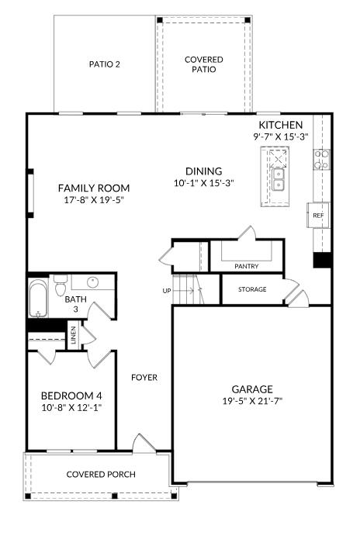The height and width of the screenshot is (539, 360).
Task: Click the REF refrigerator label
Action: (318, 216)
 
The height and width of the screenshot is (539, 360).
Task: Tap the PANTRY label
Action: (247, 266)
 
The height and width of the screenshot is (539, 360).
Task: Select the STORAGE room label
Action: (252, 289)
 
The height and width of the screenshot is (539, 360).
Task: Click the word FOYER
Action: (144, 378)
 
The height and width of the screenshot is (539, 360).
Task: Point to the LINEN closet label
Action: (74, 335)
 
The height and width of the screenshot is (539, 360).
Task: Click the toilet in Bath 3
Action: (61, 285)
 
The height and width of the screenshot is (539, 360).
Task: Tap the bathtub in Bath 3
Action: (38, 298)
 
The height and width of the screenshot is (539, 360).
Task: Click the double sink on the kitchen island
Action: (279, 180)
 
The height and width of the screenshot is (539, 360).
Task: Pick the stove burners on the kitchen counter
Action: (321, 159)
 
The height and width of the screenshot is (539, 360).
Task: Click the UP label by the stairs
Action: (166, 291)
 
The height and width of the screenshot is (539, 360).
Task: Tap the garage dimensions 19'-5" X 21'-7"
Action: (252, 401)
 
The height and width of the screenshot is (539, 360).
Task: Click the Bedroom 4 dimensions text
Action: (71, 408)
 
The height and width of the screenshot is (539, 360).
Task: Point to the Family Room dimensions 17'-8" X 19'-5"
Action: (94, 200)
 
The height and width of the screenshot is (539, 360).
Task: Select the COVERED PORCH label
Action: (101, 475)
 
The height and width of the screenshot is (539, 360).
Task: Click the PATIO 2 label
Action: (105, 64)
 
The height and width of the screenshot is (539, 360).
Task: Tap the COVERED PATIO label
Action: (204, 64)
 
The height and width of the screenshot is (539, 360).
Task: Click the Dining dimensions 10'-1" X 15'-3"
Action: (204, 183)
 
